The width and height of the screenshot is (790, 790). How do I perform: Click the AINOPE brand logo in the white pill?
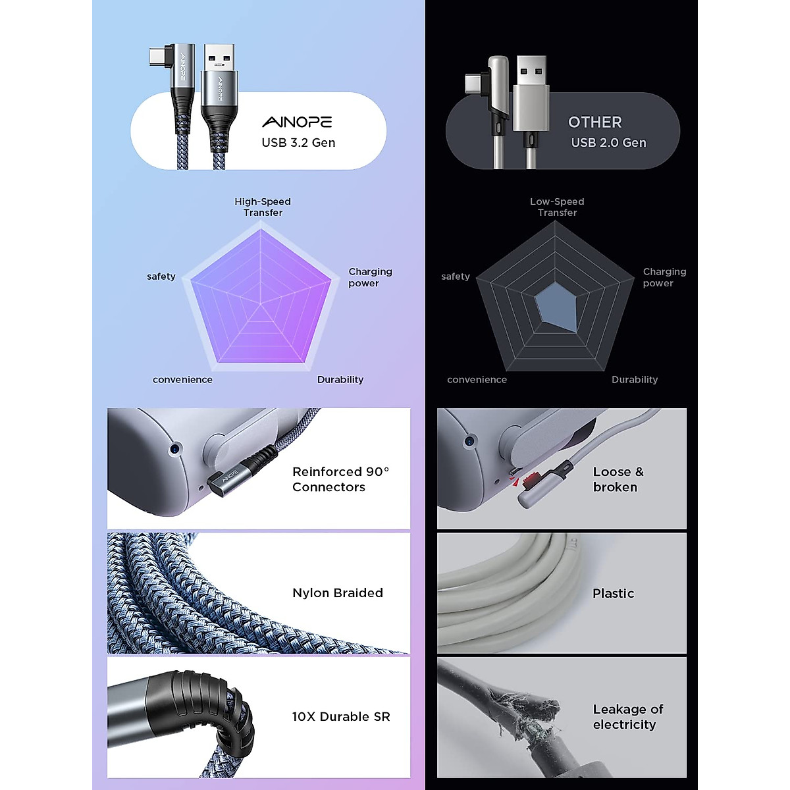tap(297, 122)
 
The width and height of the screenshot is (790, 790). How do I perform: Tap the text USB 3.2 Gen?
tap(298, 143)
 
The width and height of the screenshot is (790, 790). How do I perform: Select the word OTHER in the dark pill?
tap(594, 122)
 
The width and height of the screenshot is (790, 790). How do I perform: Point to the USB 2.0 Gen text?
tap(608, 143)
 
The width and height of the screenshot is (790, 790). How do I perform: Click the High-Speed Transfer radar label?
tap(263, 207)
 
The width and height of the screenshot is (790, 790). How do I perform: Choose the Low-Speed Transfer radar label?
tap(557, 207)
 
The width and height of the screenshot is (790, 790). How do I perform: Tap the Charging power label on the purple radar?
tap(369, 277)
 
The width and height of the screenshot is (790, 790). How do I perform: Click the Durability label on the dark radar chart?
tap(634, 380)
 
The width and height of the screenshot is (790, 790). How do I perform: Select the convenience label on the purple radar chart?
tap(182, 380)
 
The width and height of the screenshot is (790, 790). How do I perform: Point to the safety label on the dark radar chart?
tap(455, 276)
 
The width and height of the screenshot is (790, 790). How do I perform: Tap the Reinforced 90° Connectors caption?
tap(340, 479)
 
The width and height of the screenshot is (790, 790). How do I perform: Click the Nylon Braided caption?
tap(337, 593)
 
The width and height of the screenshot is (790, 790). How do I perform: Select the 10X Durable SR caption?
tap(340, 717)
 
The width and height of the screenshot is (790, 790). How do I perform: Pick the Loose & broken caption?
tap(618, 479)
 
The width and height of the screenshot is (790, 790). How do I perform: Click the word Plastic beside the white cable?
tap(613, 594)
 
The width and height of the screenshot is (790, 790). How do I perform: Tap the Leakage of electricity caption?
tap(627, 717)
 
